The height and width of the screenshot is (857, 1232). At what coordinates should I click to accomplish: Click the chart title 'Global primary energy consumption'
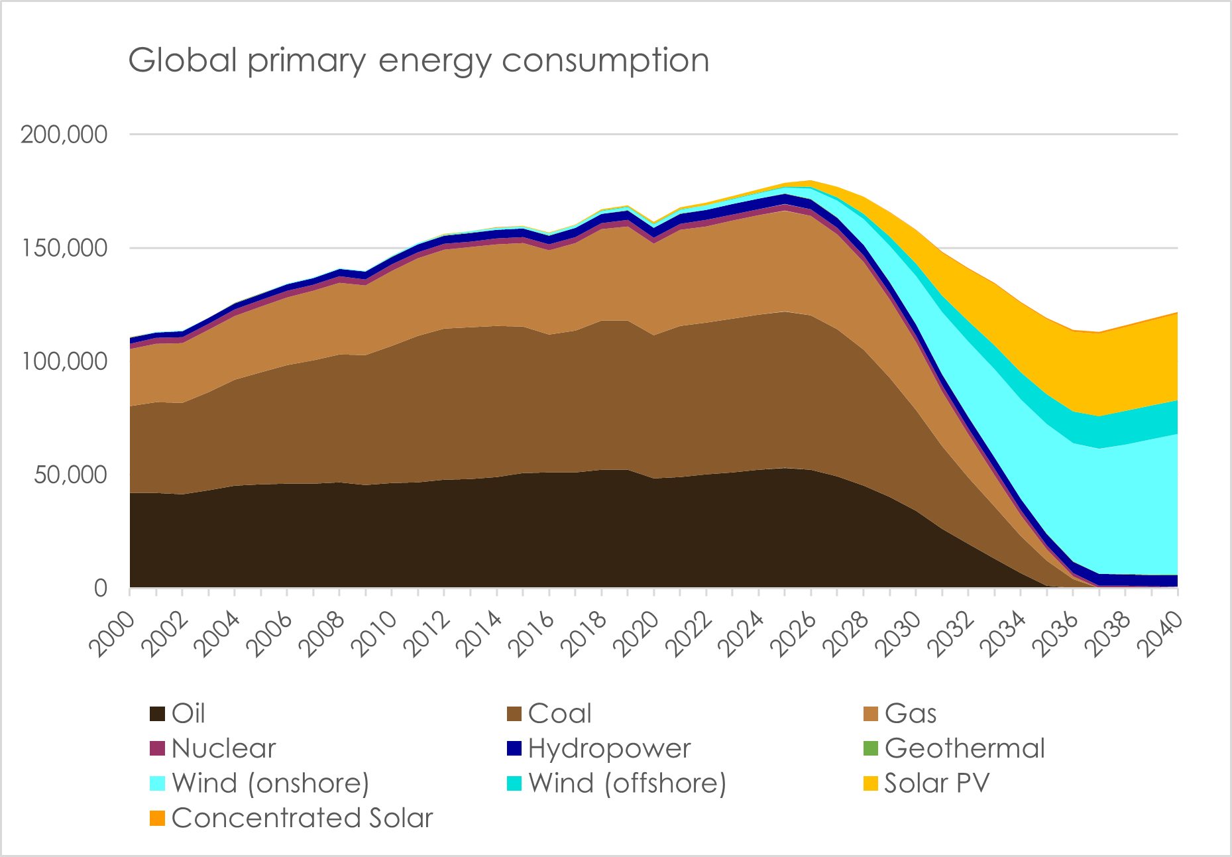point(418,61)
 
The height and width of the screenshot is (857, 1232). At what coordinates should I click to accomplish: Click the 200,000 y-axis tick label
point(64,135)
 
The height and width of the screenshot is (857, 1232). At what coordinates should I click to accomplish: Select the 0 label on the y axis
point(100,588)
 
